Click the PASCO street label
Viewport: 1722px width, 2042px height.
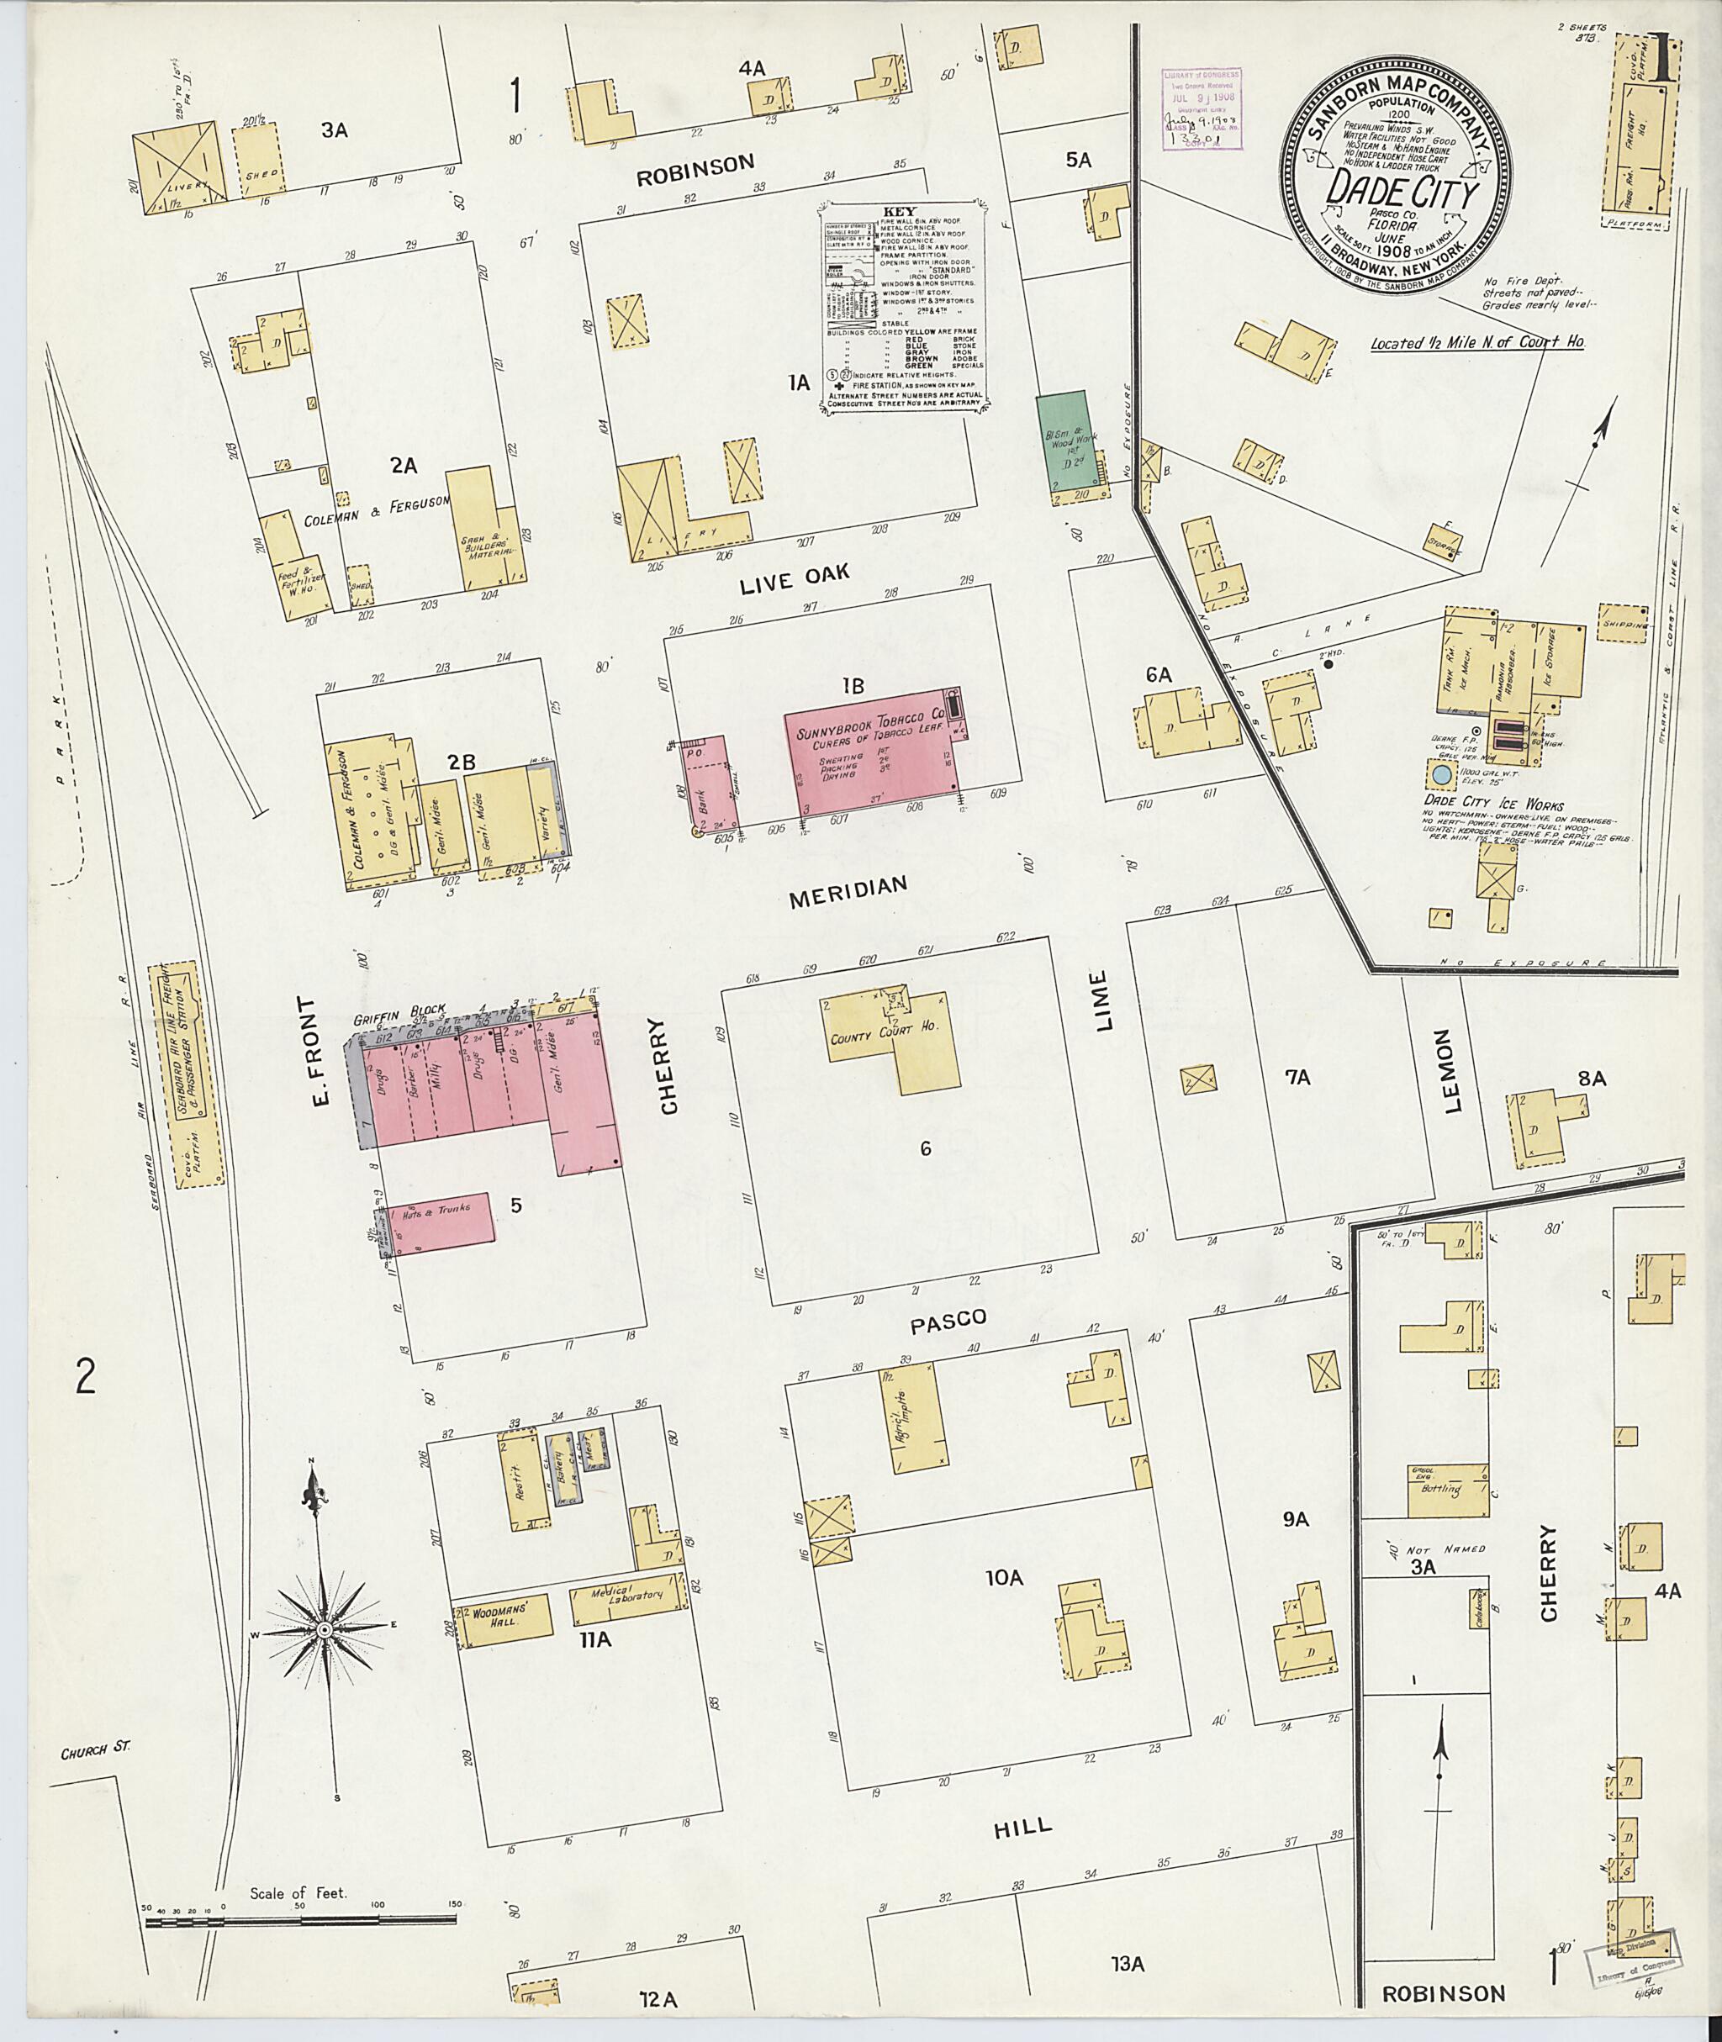tap(948, 1321)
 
